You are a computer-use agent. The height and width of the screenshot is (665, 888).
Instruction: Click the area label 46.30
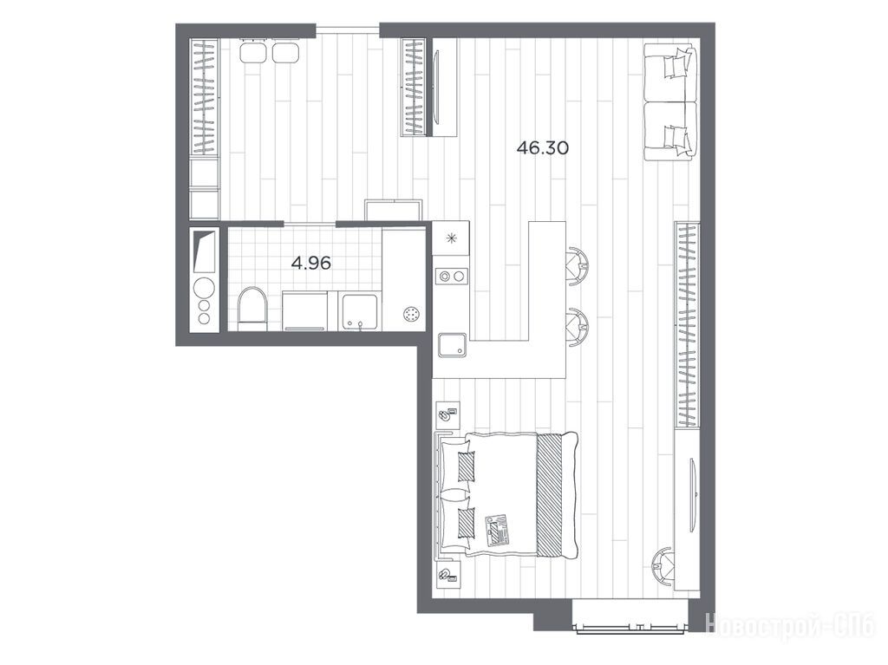click(543, 148)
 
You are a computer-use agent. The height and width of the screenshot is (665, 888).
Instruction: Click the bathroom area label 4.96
click(311, 264)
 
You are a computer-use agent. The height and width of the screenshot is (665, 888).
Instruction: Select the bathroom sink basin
click(361, 310)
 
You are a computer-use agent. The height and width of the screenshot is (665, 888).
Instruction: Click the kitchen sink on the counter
click(452, 345)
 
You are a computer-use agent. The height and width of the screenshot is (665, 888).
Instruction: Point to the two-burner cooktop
click(452, 277)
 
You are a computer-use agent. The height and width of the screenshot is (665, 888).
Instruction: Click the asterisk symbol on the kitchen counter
click(451, 238)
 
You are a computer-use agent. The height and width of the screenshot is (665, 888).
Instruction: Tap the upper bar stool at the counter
click(578, 265)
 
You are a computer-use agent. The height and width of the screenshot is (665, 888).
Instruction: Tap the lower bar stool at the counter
click(578, 326)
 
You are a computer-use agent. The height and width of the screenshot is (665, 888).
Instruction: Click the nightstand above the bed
click(447, 416)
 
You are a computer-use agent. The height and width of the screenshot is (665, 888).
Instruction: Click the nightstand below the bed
click(447, 575)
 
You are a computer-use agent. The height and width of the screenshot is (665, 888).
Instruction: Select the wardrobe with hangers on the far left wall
click(205, 96)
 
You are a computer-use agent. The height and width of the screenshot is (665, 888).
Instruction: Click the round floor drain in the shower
click(412, 314)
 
